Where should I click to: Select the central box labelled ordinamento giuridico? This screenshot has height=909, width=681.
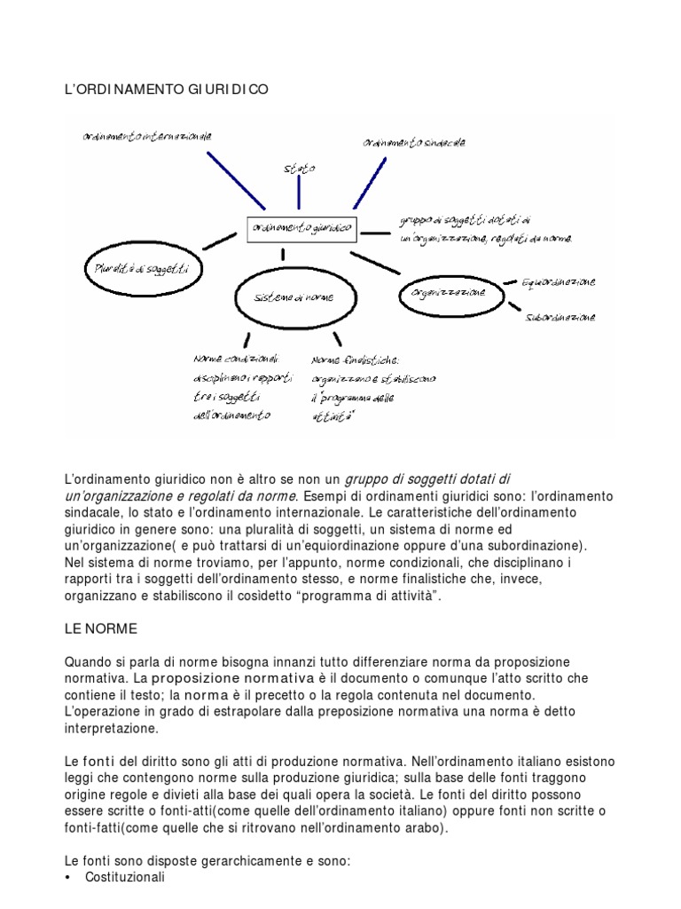[x=301, y=229]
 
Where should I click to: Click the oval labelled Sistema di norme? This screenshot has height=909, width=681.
[x=291, y=297]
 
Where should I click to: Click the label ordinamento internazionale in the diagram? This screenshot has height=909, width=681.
[x=146, y=138]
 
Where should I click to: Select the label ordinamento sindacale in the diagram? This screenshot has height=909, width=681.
[x=413, y=142]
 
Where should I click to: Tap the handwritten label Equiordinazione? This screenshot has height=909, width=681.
[x=559, y=282]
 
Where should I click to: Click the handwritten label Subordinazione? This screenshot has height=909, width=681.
[x=560, y=317]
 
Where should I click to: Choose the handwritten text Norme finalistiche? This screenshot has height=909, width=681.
[x=356, y=360]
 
